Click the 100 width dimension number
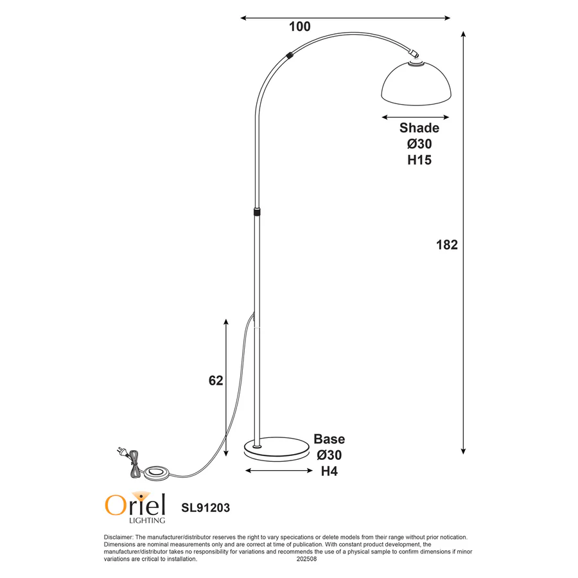pos(300,26)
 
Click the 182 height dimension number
pos(446,245)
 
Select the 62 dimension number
pos(216,381)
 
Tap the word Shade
pos(419,128)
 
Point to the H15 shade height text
pos(419,160)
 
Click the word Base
pos(329,439)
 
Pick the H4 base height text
pos(329,471)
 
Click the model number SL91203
pos(205,507)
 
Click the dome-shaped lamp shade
pos(416,83)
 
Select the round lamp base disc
pos(276,448)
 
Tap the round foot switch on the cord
pos(155,473)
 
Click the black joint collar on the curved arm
pos(291,55)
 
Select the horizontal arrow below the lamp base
pos(277,471)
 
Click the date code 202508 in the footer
pos(306,559)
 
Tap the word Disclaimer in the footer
pos(118,537)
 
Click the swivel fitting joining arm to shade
pos(415,54)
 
